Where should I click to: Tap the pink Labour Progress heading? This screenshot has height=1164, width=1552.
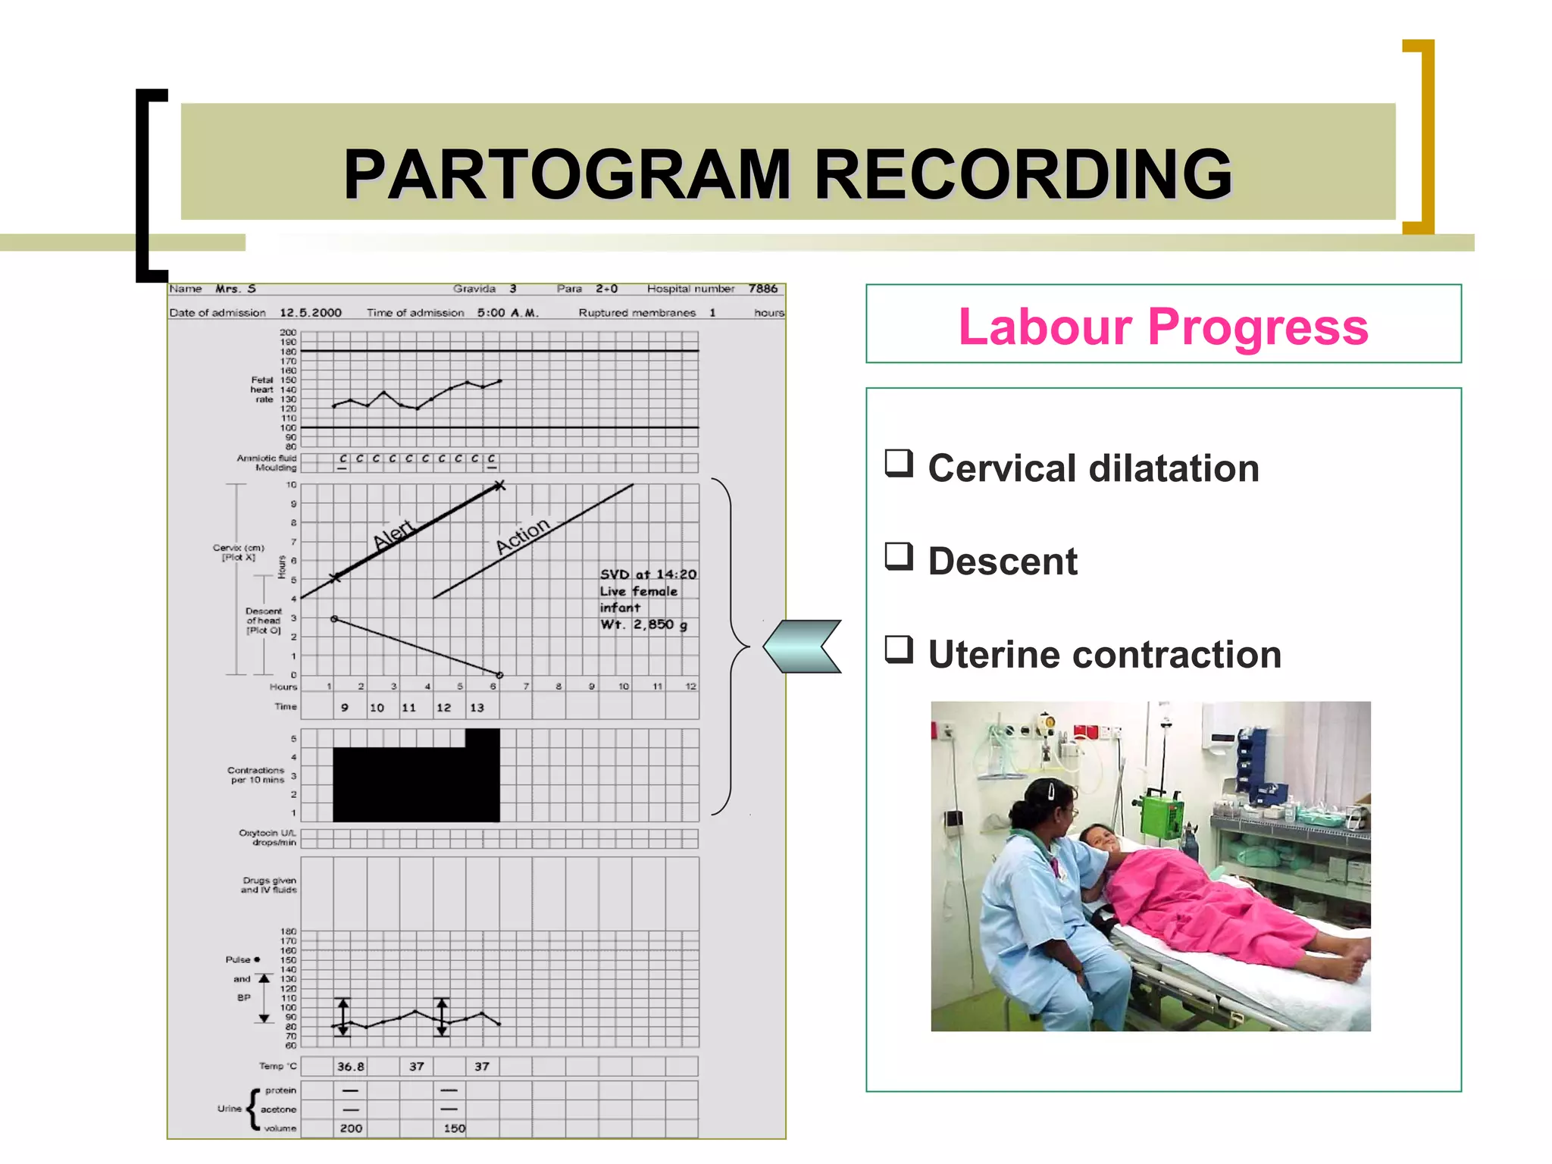[x=1162, y=327]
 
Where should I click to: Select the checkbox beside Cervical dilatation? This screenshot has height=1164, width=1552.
[x=899, y=463]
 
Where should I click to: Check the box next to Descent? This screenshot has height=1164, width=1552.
[x=899, y=556]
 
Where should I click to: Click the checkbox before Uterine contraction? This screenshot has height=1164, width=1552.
[x=899, y=649]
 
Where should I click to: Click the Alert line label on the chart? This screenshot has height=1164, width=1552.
[x=393, y=533]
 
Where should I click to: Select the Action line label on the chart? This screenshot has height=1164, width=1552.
[x=522, y=536]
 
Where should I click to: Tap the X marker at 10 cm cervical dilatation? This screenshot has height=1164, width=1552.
[x=499, y=486]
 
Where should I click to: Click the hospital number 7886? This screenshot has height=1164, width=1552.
[x=762, y=289]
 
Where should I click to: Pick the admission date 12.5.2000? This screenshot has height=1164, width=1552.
[x=311, y=313]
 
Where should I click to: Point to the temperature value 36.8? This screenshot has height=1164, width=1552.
[x=350, y=1067]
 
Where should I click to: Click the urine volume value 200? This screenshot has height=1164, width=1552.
[x=351, y=1128]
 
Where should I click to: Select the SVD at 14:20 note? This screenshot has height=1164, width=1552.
[x=648, y=574]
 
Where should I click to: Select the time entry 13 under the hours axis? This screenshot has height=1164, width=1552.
[x=477, y=708]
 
